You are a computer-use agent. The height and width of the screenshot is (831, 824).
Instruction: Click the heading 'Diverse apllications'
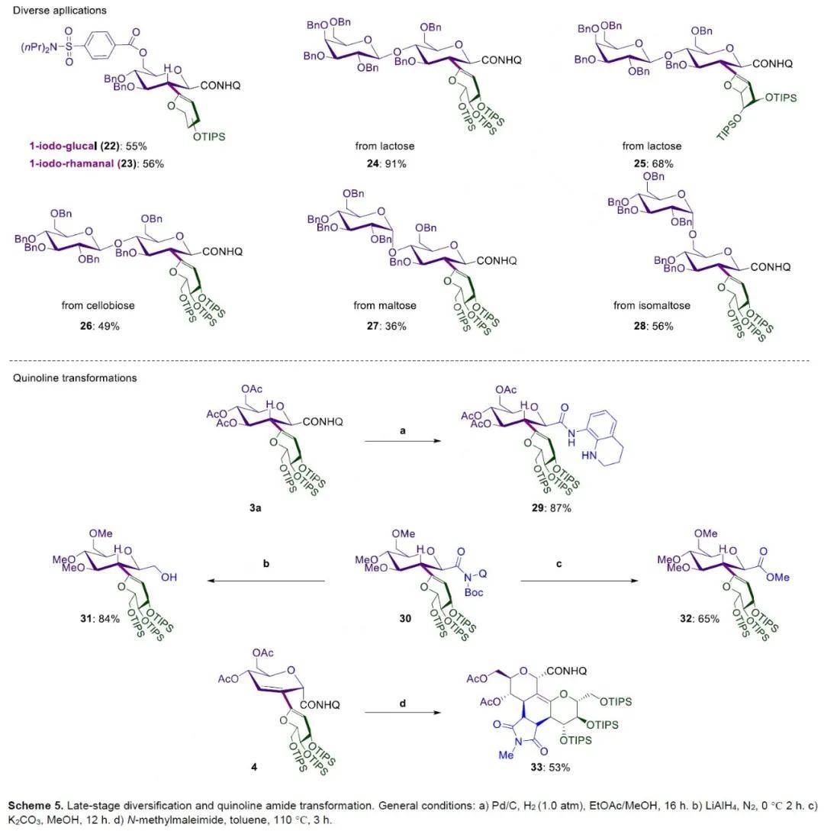click(x=53, y=11)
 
